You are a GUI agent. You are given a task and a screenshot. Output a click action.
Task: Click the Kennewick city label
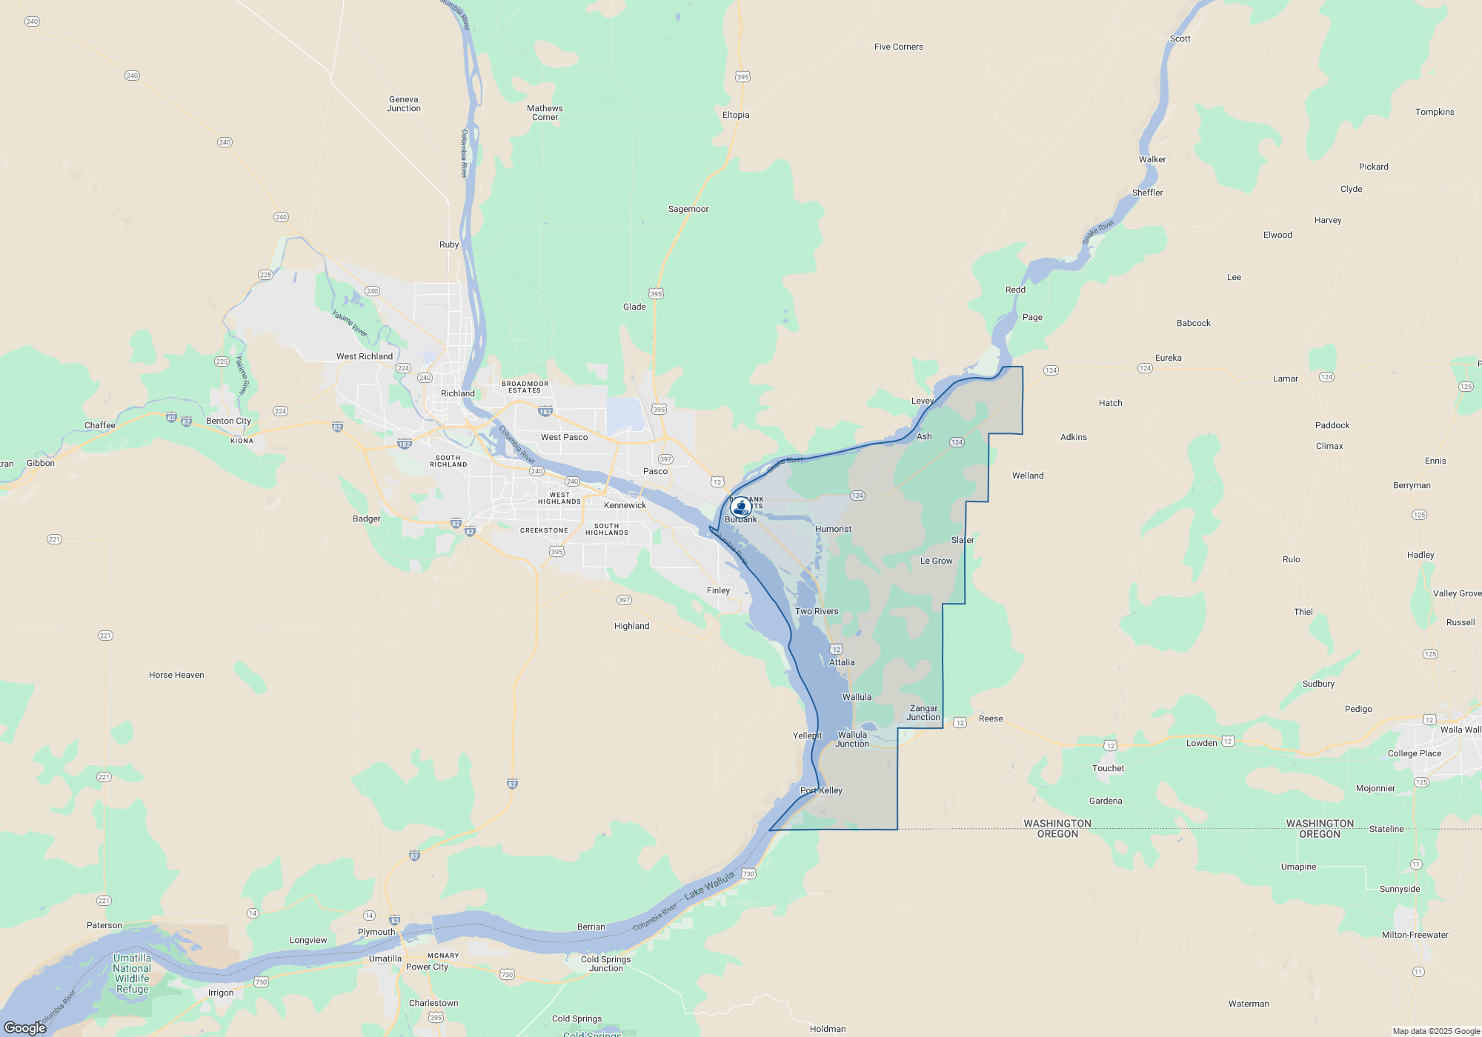pyautogui.click(x=625, y=505)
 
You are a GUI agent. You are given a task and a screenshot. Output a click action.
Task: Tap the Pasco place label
pyautogui.click(x=655, y=471)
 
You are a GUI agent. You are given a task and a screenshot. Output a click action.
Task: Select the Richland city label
pyautogui.click(x=457, y=393)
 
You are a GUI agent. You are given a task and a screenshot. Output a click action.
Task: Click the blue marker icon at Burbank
pyautogui.click(x=740, y=507)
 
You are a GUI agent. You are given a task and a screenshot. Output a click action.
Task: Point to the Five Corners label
pyautogui.click(x=898, y=47)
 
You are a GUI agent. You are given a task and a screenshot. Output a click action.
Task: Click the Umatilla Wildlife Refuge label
pyautogui.click(x=132, y=973)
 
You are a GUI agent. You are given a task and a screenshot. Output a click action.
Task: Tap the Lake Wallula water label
pyautogui.click(x=709, y=885)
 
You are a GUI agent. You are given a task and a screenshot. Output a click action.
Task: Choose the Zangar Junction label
pyautogui.click(x=923, y=713)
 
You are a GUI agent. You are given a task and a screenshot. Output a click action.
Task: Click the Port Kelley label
pyautogui.click(x=821, y=790)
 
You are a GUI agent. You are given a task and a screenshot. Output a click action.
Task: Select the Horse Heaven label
pyautogui.click(x=176, y=675)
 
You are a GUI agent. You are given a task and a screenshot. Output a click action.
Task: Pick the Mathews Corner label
pyautogui.click(x=545, y=113)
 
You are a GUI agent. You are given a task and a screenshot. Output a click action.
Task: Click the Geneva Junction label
pyautogui.click(x=403, y=104)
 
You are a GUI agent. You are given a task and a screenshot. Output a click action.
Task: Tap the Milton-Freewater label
pyautogui.click(x=1415, y=935)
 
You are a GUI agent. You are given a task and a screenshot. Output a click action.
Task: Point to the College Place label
pyautogui.click(x=1414, y=753)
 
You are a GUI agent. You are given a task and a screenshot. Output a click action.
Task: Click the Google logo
pyautogui.click(x=25, y=1027)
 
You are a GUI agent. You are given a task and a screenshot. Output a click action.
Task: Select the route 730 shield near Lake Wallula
pyautogui.click(x=748, y=874)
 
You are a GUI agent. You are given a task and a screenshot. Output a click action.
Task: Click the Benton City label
pyautogui.click(x=228, y=421)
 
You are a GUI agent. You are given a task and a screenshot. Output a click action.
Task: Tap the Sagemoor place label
pyautogui.click(x=688, y=209)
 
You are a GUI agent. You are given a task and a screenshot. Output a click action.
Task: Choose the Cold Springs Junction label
pyautogui.click(x=605, y=964)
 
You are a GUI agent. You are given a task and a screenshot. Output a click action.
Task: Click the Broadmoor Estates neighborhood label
pyautogui.click(x=525, y=387)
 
